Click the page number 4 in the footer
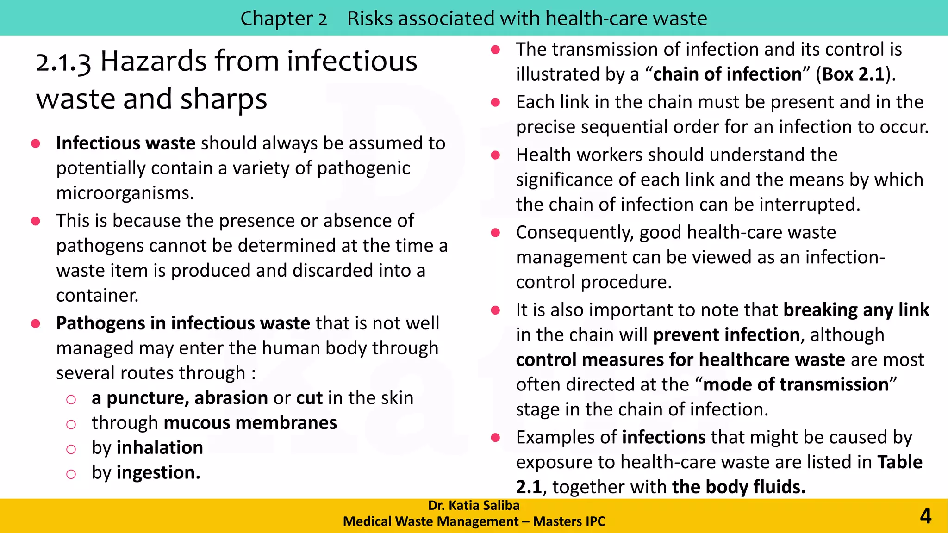coord(925,516)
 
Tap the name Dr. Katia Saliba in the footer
coord(474,505)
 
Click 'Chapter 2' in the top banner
coord(283,19)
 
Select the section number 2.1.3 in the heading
coord(63,62)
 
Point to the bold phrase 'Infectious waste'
coord(125,143)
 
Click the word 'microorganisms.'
coord(125,193)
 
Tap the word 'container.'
coord(97,295)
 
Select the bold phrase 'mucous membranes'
coord(250,423)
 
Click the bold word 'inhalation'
coord(160,448)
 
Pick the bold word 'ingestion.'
coord(158,473)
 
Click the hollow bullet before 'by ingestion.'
coord(71,474)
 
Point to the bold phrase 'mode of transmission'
coord(796,385)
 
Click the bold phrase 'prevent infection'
coord(726,335)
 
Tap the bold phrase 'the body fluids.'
coord(739,487)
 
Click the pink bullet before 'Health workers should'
coord(495,155)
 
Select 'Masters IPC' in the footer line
coord(569,521)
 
